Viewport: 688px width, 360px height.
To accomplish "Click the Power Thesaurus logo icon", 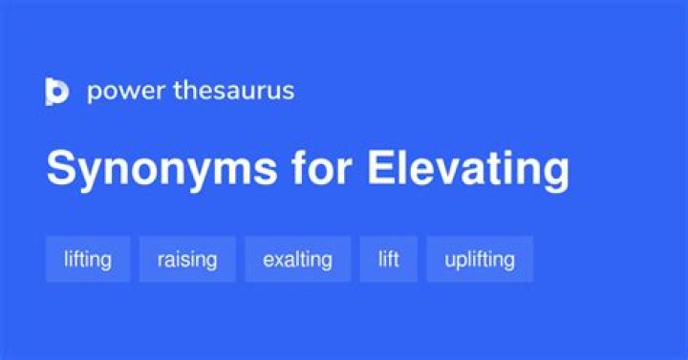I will pyautogui.click(x=56, y=92).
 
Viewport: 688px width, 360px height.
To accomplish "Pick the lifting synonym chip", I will pyautogui.click(x=87, y=259).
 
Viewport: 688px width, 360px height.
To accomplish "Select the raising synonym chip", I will pyautogui.click(x=187, y=259).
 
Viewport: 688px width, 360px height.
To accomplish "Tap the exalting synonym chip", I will pyautogui.click(x=297, y=259).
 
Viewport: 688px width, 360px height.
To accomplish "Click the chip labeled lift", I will pyautogui.click(x=388, y=259).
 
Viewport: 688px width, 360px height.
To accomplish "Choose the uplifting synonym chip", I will pyautogui.click(x=480, y=259).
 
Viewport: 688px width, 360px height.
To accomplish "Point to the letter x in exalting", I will pyautogui.click(x=281, y=260).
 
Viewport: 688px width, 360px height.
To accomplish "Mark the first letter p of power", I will pyautogui.click(x=94, y=94).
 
